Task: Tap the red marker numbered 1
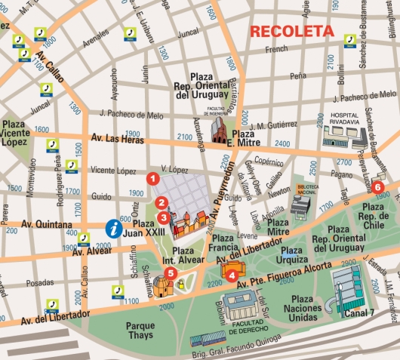coord(152,179)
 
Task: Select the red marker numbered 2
coord(160,202)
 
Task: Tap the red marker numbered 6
coord(378,186)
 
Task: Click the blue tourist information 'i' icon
coord(113,226)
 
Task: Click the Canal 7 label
coord(360,313)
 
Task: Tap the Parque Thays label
coord(140,331)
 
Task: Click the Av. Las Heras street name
coord(118,138)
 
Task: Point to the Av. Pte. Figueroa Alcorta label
coord(282,275)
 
